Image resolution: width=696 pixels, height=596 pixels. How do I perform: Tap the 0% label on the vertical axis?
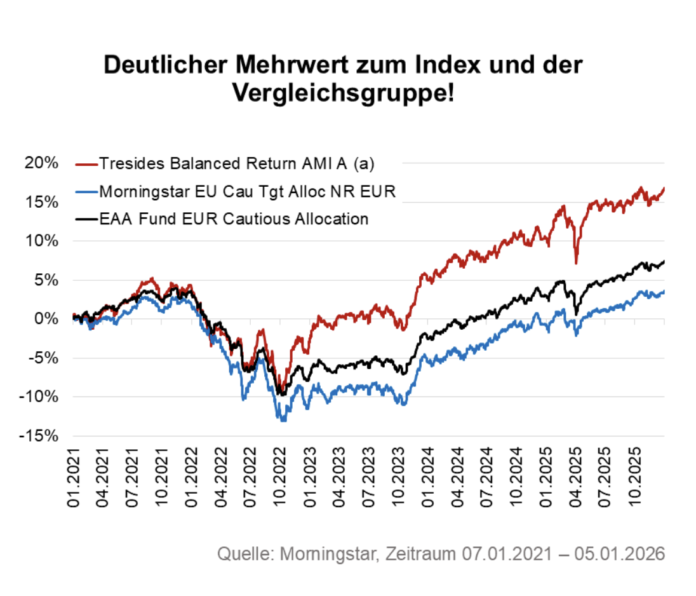(46, 319)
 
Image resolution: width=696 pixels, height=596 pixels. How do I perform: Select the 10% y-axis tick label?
(43, 241)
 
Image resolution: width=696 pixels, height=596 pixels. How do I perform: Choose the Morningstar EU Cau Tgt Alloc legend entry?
(247, 191)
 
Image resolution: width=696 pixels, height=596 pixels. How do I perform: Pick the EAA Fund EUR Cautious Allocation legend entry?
(234, 219)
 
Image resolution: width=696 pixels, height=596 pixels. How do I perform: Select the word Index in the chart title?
(429, 65)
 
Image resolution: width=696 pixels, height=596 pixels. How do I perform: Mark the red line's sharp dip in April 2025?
(575, 262)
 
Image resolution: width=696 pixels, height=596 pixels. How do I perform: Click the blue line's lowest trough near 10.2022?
(283, 420)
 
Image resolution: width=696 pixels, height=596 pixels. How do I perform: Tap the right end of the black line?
(664, 261)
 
